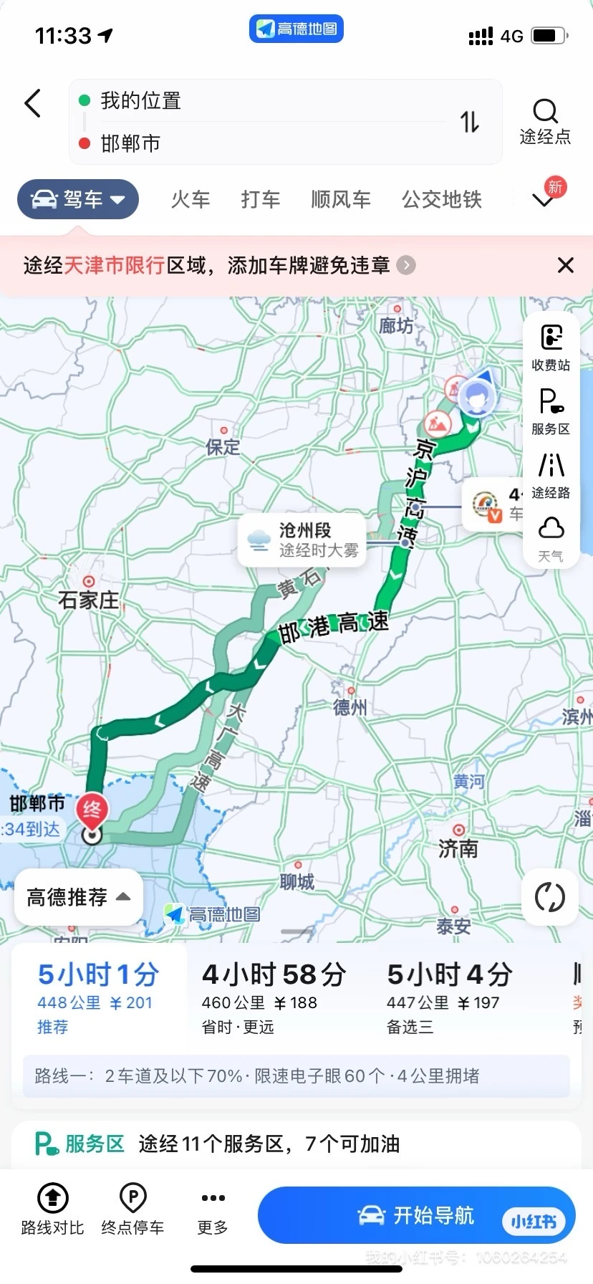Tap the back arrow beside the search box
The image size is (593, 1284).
click(x=33, y=104)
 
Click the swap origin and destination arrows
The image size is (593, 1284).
click(x=469, y=123)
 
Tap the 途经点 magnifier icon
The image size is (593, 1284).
click(x=545, y=112)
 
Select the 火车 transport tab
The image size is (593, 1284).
click(x=191, y=199)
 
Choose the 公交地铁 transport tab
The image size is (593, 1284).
click(x=441, y=199)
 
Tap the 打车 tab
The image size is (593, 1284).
click(x=260, y=199)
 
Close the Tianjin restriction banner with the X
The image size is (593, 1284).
click(x=565, y=266)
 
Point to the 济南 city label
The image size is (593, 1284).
click(x=458, y=848)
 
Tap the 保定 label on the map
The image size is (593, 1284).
click(x=223, y=447)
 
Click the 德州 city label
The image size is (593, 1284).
click(x=350, y=707)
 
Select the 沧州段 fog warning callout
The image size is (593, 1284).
click(x=302, y=540)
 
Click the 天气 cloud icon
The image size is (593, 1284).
click(x=551, y=530)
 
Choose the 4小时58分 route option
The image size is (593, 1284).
click(x=274, y=996)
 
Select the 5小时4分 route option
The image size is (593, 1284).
click(x=450, y=996)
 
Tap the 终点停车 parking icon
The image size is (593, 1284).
click(x=133, y=1197)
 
